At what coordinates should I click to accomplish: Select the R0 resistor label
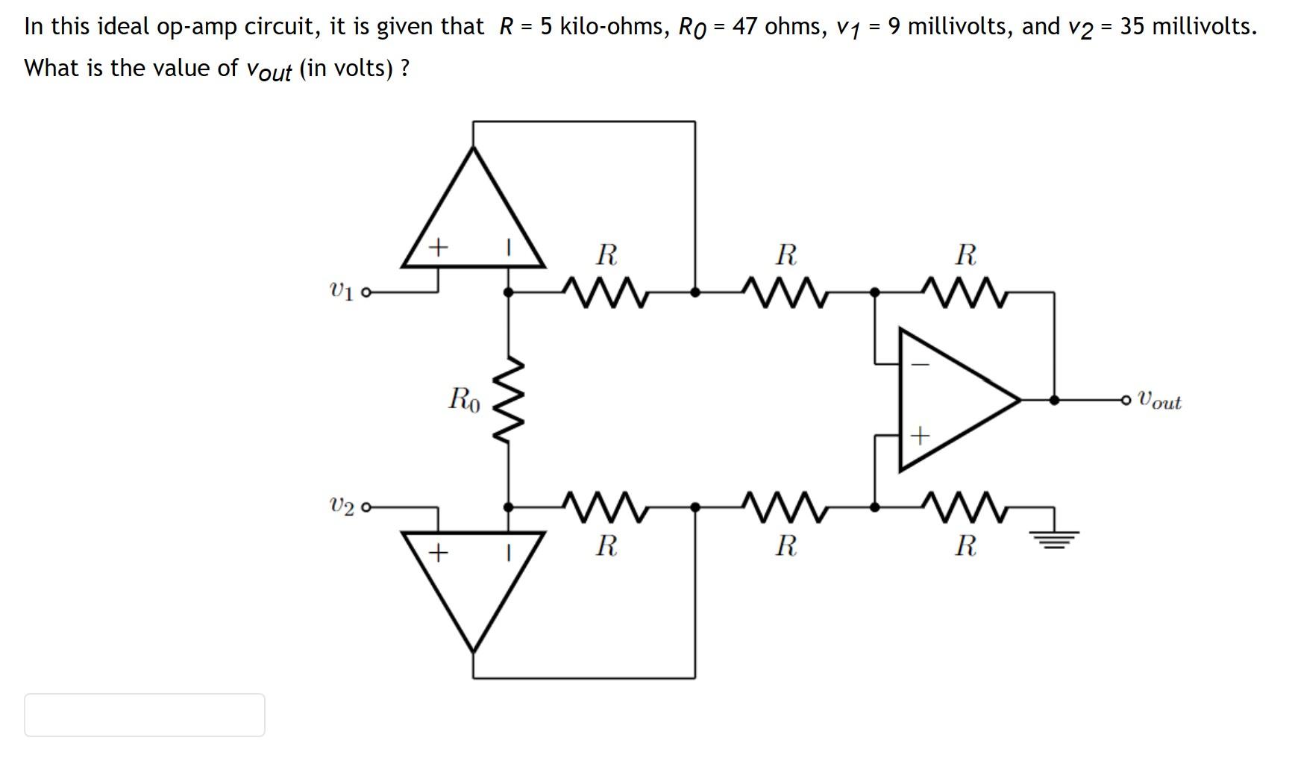[464, 399]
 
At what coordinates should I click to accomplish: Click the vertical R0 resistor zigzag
[509, 400]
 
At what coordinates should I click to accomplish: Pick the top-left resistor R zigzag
[606, 292]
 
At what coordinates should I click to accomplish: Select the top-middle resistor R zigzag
[785, 292]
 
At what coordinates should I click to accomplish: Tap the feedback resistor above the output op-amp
[965, 292]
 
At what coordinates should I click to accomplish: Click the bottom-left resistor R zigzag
[606, 507]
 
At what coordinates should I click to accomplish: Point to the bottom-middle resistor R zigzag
[785, 507]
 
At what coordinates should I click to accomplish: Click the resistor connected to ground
[965, 507]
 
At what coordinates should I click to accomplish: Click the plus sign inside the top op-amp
[439, 245]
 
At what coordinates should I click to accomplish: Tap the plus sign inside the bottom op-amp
[439, 553]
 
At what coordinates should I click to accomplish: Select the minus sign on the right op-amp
[921, 365]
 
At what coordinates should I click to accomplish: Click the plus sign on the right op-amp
[921, 435]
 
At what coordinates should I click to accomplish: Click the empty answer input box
[145, 715]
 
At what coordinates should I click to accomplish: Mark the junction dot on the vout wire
[1054, 400]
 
